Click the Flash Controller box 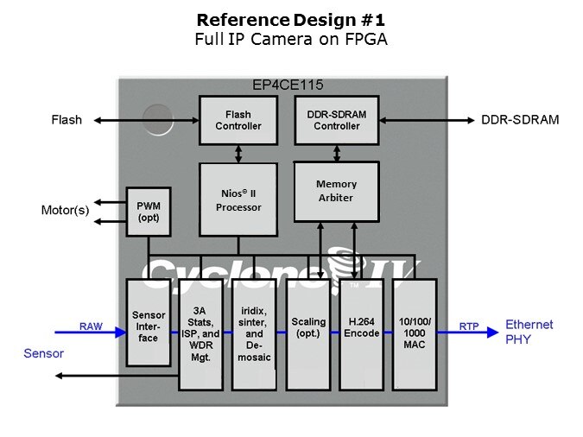(238, 120)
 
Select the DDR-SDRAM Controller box (336, 120)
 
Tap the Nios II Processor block (238, 199)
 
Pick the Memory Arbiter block (336, 191)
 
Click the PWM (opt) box (148, 212)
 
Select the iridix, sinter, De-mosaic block (254, 333)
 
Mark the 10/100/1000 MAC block (414, 333)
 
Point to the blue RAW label (91, 326)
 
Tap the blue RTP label (469, 326)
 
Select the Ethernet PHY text (530, 332)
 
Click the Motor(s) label (65, 210)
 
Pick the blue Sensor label (43, 354)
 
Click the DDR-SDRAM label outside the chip (520, 120)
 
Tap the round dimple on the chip (156, 118)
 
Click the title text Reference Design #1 (290, 19)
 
